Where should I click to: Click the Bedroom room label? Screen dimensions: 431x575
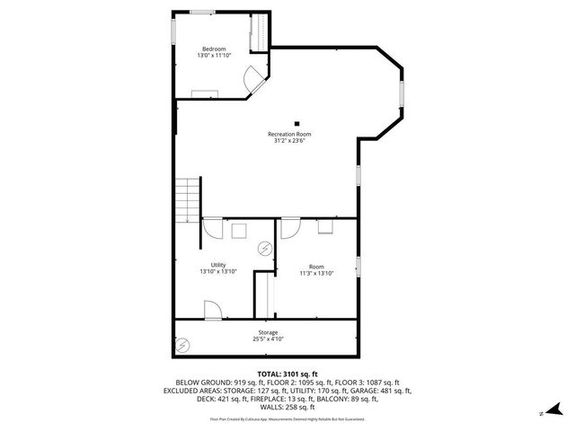(213, 48)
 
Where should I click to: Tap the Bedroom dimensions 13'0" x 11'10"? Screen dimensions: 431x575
(213, 56)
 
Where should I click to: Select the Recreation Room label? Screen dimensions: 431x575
(296, 134)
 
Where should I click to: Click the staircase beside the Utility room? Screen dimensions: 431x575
(186, 200)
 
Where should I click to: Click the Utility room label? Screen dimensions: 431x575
(218, 265)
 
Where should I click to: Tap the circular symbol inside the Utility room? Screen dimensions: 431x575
(265, 248)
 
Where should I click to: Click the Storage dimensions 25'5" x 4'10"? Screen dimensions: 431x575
(269, 339)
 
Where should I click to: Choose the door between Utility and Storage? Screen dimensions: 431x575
(214, 311)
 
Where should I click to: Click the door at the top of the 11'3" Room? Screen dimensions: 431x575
(291, 228)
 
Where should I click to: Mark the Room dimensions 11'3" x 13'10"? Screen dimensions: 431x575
(316, 273)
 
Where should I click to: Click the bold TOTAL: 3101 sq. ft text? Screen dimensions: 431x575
(287, 374)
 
